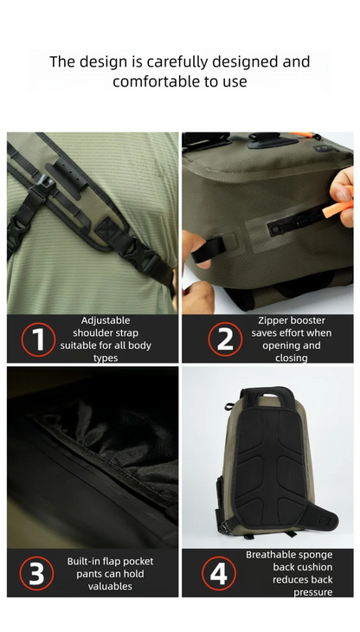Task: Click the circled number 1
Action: [x=37, y=339]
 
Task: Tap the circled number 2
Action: [x=224, y=339]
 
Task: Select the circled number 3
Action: [x=36, y=574]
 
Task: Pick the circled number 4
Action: [x=218, y=574]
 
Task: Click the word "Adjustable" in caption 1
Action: [x=105, y=320]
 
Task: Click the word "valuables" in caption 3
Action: [x=110, y=586]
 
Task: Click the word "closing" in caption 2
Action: [x=291, y=358]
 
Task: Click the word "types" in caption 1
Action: [x=105, y=358]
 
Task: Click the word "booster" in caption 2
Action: [x=308, y=320]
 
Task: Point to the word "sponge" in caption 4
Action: [x=315, y=555]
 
